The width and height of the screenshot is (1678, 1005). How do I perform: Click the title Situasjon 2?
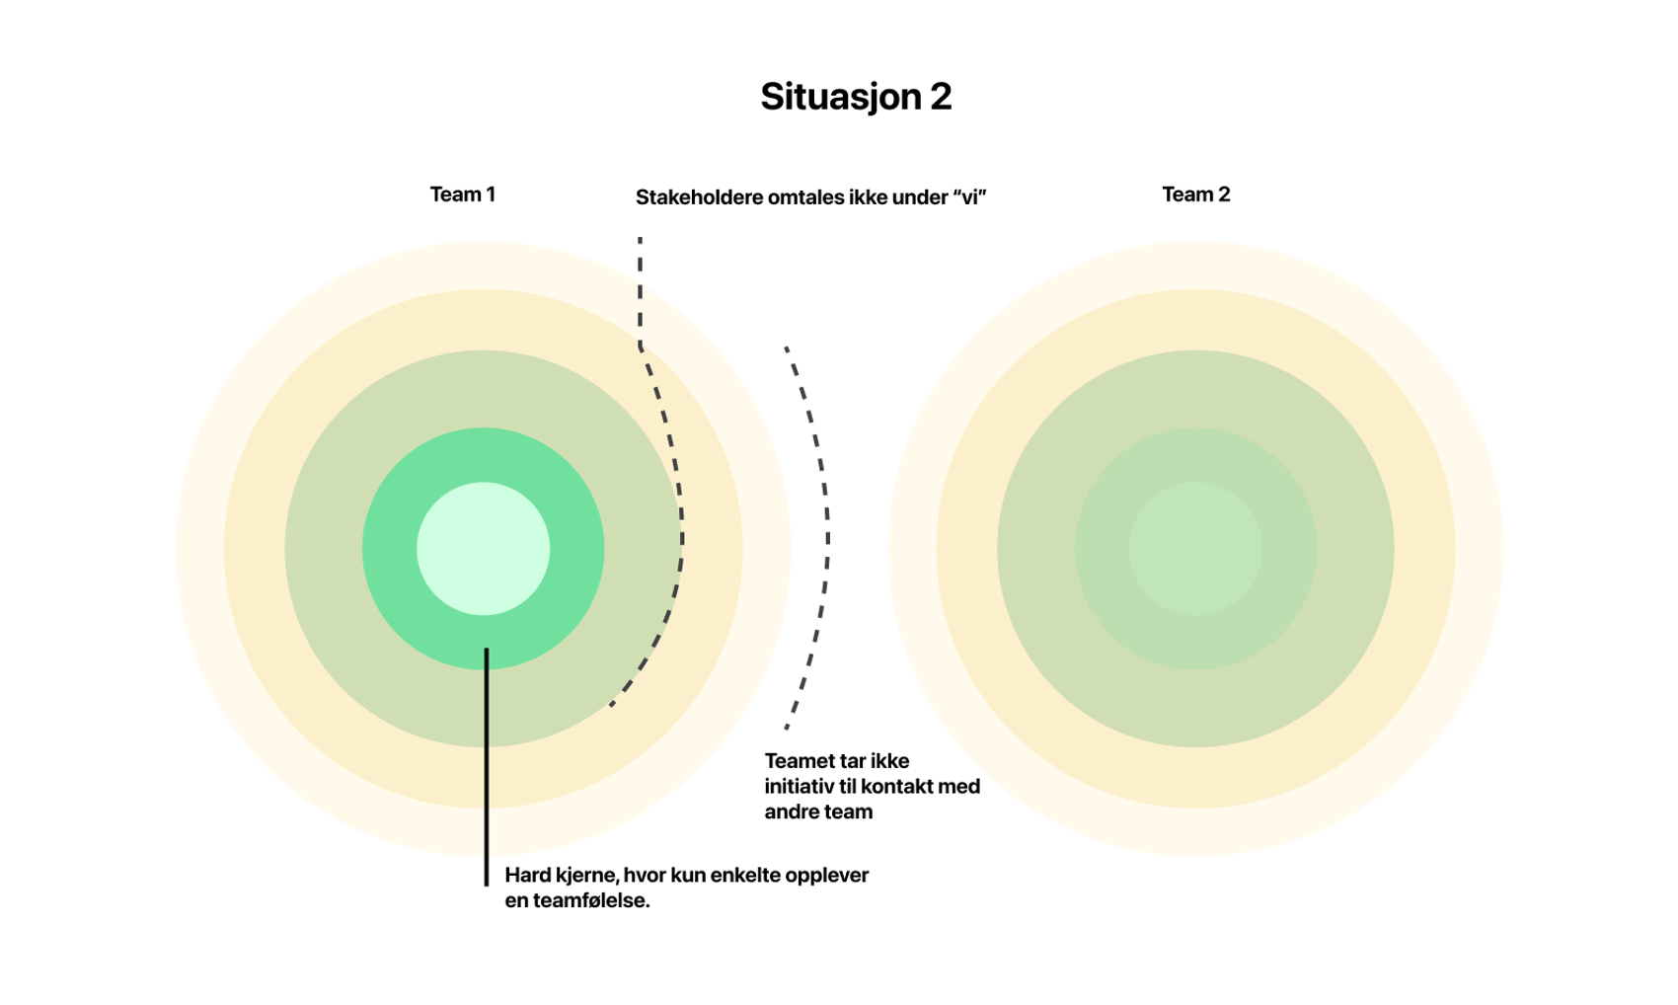[855, 97]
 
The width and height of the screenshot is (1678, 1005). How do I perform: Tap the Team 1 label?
[462, 194]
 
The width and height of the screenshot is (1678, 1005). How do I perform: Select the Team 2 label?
[1195, 194]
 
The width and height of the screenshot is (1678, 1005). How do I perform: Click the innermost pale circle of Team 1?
[483, 548]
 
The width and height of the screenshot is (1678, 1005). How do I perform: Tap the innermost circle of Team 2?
[1195, 548]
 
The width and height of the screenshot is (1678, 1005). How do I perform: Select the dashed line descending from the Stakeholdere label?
[641, 291]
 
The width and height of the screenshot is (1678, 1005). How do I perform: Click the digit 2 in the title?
[940, 97]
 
